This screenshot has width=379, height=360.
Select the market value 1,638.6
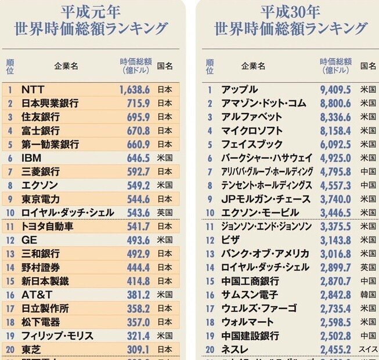tap(135, 90)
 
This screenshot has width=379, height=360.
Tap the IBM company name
tap(31, 158)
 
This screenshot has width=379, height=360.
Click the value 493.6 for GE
tap(139, 240)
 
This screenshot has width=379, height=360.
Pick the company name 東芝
tap(31, 349)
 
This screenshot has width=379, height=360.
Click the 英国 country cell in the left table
tap(165, 213)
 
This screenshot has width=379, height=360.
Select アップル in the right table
tap(239, 90)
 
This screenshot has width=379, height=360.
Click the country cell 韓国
tap(368, 294)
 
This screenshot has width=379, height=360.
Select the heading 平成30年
tap(290, 11)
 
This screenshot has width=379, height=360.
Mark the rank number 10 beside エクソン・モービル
tap(210, 213)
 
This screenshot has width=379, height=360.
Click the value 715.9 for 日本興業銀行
tap(139, 103)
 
